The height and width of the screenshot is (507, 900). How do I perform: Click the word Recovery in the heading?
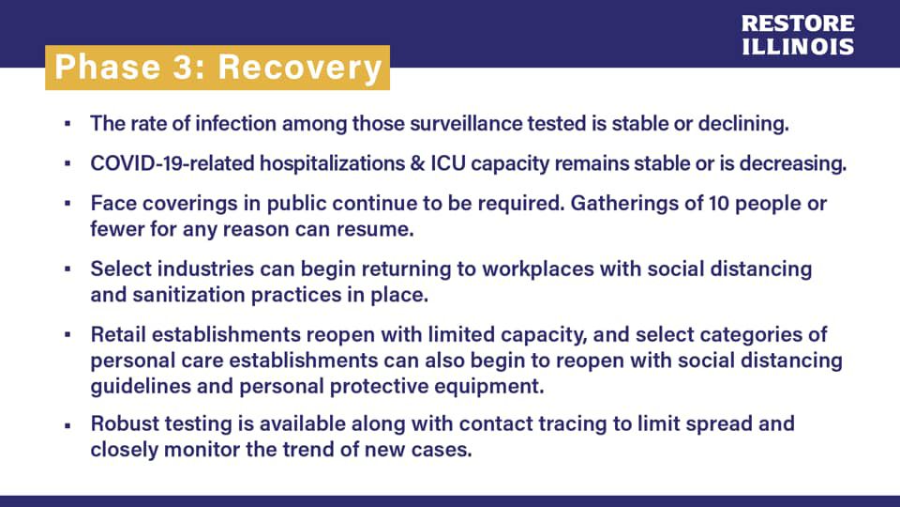click(300, 69)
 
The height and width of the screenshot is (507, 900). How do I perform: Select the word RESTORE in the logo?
click(798, 23)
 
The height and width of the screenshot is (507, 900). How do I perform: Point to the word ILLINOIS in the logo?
click(798, 47)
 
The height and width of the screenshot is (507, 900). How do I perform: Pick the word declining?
click(743, 124)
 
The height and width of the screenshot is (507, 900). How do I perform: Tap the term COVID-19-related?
click(172, 163)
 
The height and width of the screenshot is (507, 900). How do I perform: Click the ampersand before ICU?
click(417, 163)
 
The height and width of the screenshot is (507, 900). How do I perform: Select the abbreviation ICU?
click(448, 163)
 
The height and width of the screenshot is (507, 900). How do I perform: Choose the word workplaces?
click(538, 269)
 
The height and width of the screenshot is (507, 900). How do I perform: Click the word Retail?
click(118, 334)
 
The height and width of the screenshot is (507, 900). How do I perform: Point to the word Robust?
click(125, 423)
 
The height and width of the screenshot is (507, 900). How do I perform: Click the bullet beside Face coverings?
click(67, 204)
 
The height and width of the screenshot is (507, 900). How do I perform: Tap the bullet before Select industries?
click(67, 269)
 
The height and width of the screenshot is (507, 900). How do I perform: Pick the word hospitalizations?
click(332, 163)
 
